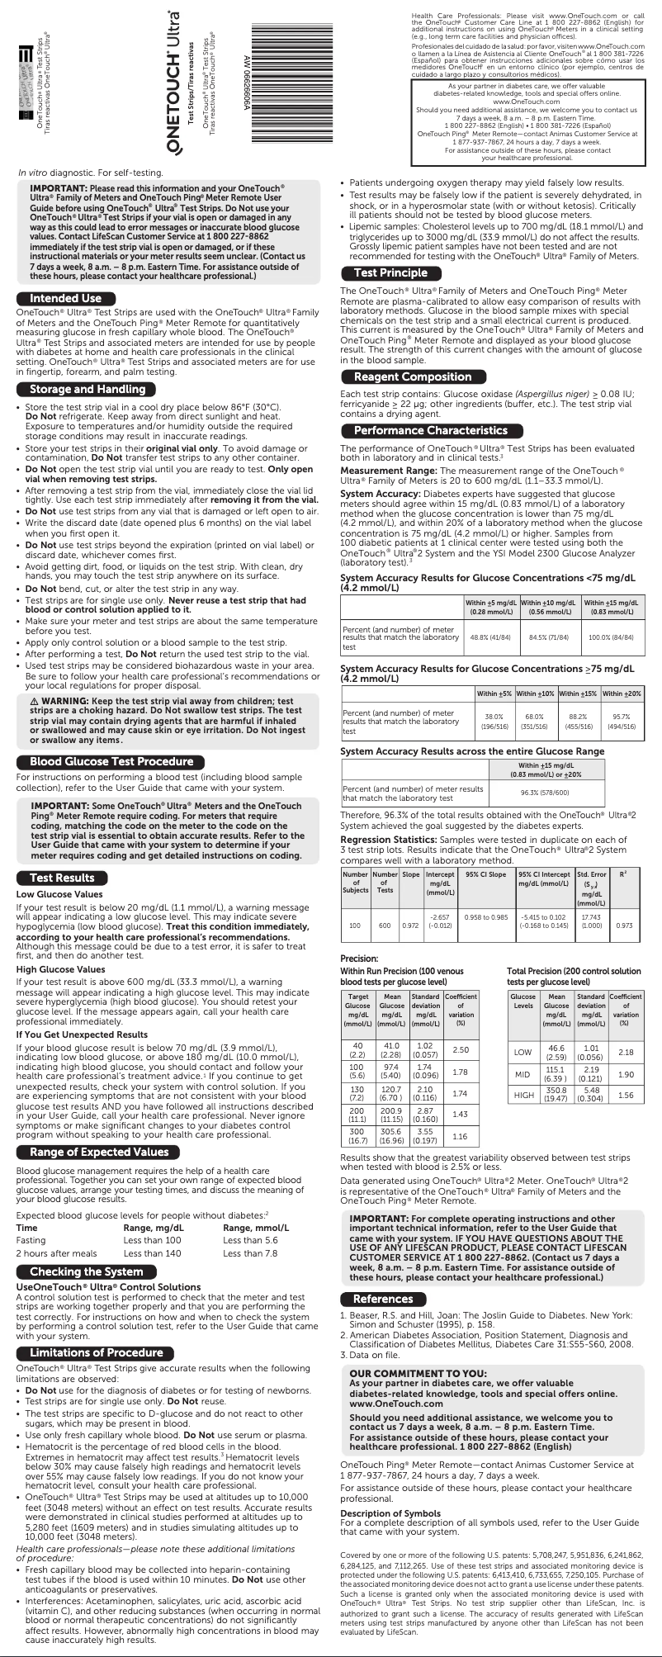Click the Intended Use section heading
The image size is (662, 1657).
(66, 298)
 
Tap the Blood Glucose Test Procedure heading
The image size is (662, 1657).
(111, 761)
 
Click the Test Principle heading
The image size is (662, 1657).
(390, 272)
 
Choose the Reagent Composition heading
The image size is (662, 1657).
(413, 376)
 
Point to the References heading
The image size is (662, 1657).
(383, 1299)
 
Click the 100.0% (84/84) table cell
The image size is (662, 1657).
(610, 637)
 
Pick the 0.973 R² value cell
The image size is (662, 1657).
(625, 926)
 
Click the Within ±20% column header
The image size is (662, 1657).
(622, 694)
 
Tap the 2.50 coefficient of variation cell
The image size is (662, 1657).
(461, 1049)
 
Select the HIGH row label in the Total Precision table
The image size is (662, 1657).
(523, 1095)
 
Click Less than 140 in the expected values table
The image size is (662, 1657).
(152, 1253)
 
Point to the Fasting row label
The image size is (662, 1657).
(31, 1240)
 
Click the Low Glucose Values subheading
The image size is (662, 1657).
(59, 894)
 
